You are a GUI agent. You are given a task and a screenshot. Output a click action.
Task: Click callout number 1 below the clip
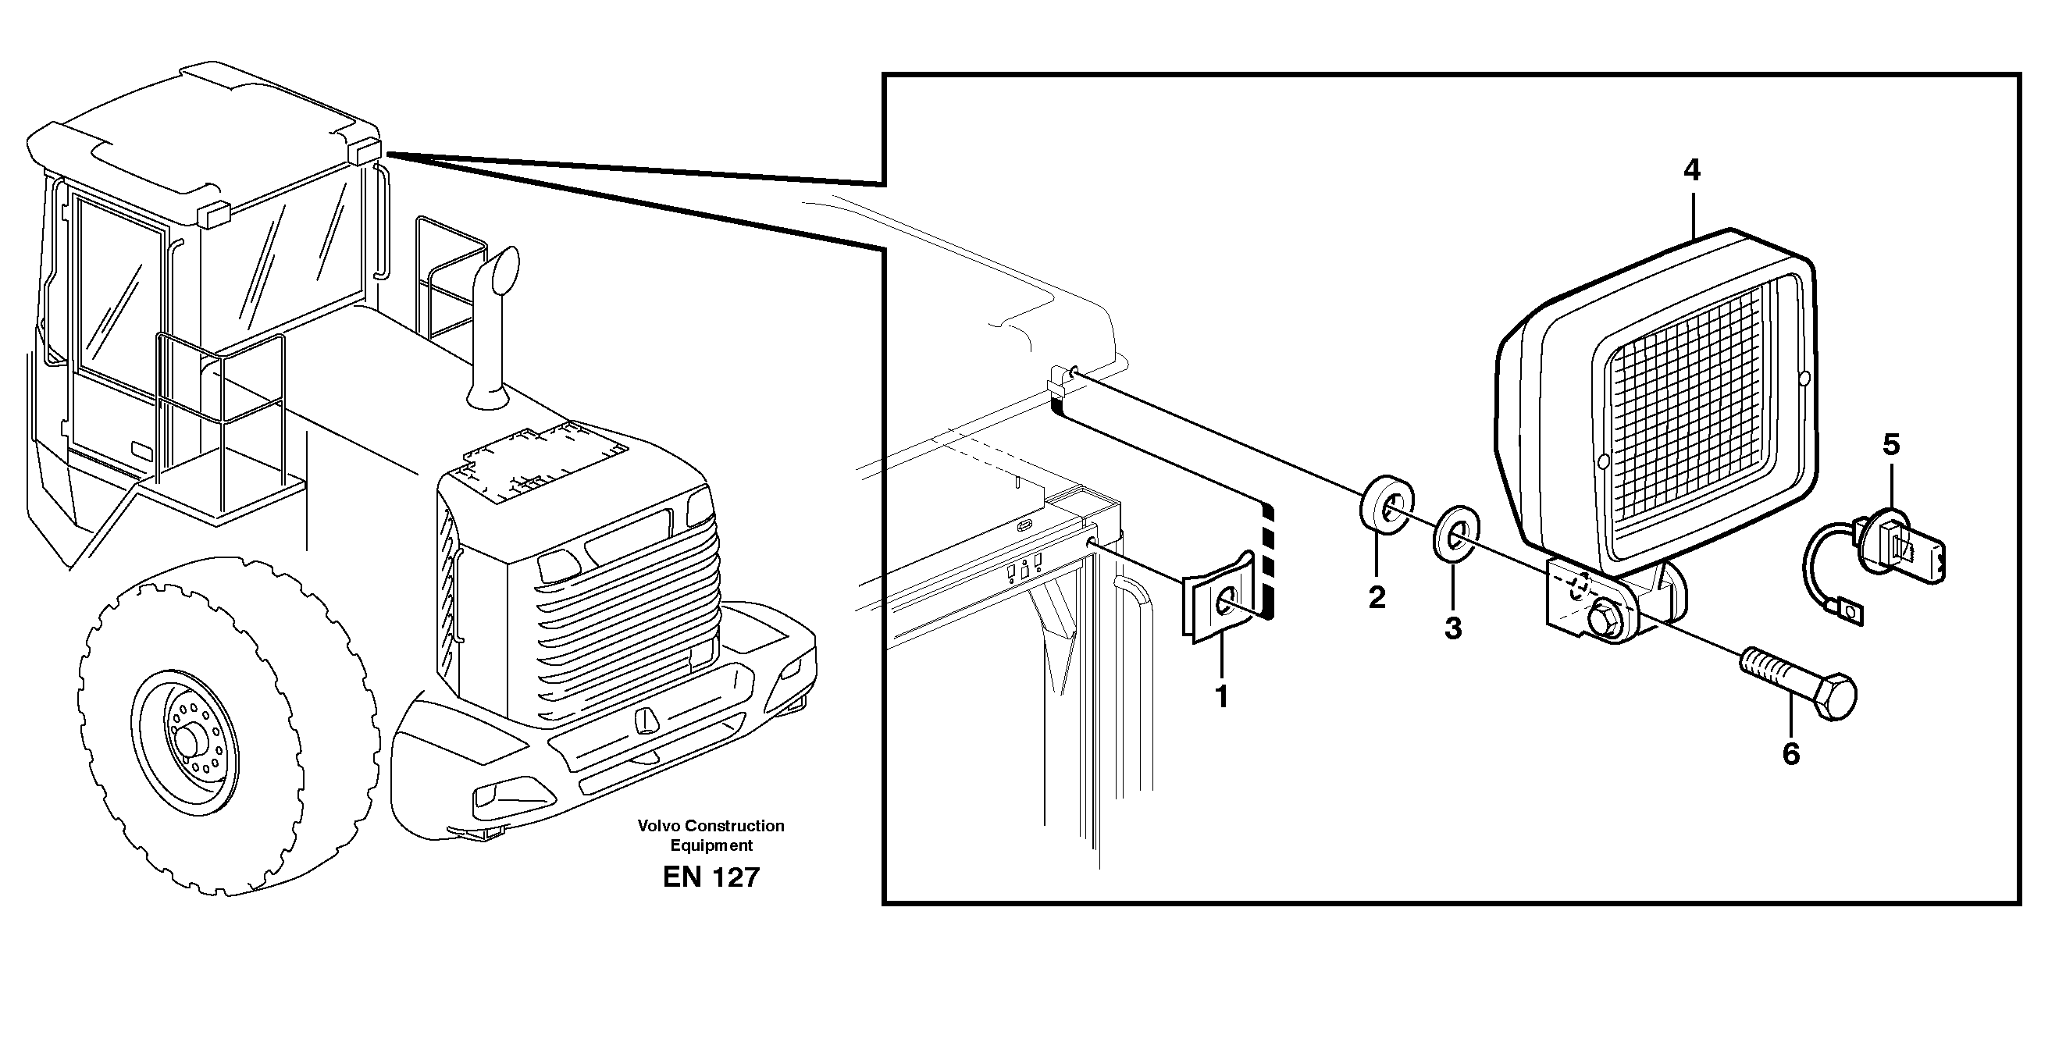(x=1221, y=696)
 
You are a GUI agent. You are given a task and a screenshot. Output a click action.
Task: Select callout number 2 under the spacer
(x=1377, y=597)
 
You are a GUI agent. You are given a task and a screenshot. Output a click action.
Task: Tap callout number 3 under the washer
(x=1452, y=628)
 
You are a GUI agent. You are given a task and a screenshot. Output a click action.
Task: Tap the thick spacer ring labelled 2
(x=1387, y=504)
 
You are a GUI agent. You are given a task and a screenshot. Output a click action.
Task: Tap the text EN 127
(x=711, y=877)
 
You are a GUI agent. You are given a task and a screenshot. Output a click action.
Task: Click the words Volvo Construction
(x=711, y=826)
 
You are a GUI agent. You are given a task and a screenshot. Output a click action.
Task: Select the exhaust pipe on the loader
(x=492, y=329)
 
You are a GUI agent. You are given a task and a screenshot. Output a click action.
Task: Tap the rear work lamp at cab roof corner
(x=365, y=151)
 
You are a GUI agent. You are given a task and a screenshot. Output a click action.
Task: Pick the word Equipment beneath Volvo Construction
(x=711, y=845)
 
